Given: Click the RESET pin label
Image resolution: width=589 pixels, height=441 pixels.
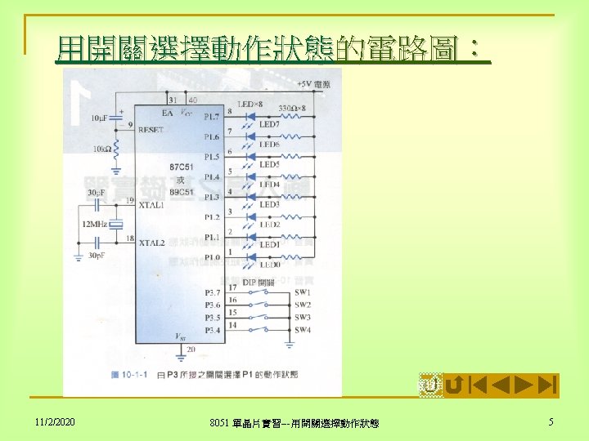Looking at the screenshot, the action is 151,130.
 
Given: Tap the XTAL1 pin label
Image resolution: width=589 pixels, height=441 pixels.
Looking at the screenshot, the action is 152,205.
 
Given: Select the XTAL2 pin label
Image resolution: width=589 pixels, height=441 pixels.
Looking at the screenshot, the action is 152,243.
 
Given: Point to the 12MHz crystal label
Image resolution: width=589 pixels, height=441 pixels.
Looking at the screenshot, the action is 94,224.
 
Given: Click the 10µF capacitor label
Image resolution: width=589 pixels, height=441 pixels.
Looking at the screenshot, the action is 99,118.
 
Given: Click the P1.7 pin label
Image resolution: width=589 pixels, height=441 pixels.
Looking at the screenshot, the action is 212,116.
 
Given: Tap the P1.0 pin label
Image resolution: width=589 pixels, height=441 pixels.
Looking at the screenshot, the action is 212,257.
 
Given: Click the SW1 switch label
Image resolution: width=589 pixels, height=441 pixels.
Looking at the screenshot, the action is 303,292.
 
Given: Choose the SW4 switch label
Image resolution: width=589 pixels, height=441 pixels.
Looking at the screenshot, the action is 303,329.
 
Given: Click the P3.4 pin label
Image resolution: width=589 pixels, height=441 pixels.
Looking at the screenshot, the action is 212,329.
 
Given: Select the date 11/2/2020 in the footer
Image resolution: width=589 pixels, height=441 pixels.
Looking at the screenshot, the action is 55,422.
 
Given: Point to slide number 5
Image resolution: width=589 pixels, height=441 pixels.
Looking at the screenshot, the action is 551,422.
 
